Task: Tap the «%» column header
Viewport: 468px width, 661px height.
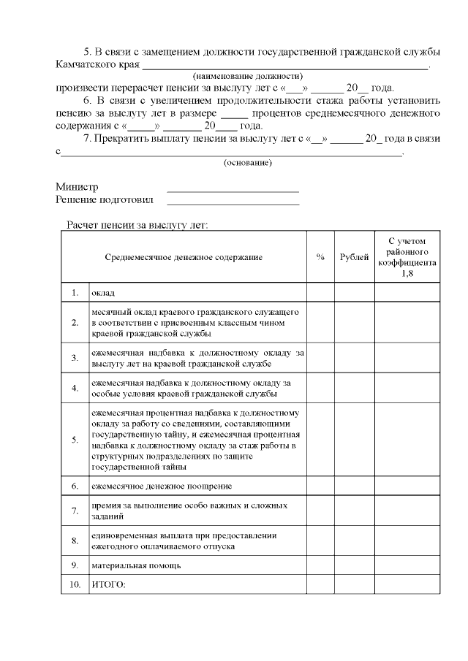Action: (x=320, y=257)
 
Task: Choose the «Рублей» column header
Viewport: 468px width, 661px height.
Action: (x=355, y=257)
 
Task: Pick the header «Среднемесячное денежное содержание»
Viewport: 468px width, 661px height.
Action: (x=184, y=257)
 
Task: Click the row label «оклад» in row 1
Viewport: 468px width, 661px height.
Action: (x=103, y=293)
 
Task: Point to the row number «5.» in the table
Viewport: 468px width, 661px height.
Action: (x=75, y=440)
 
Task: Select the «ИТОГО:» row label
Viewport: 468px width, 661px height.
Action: (x=108, y=584)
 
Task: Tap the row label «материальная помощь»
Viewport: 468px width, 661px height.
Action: (x=135, y=565)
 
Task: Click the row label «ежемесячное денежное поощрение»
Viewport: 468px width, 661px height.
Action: (x=162, y=486)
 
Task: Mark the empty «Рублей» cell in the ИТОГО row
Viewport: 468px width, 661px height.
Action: (x=355, y=584)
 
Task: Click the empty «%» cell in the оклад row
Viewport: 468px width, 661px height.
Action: (x=320, y=293)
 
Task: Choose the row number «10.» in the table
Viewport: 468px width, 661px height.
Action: (x=75, y=584)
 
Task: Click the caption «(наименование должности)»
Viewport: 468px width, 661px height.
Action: (x=248, y=76)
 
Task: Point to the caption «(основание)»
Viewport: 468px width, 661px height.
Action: (x=248, y=162)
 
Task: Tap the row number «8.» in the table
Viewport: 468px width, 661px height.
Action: (x=75, y=540)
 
